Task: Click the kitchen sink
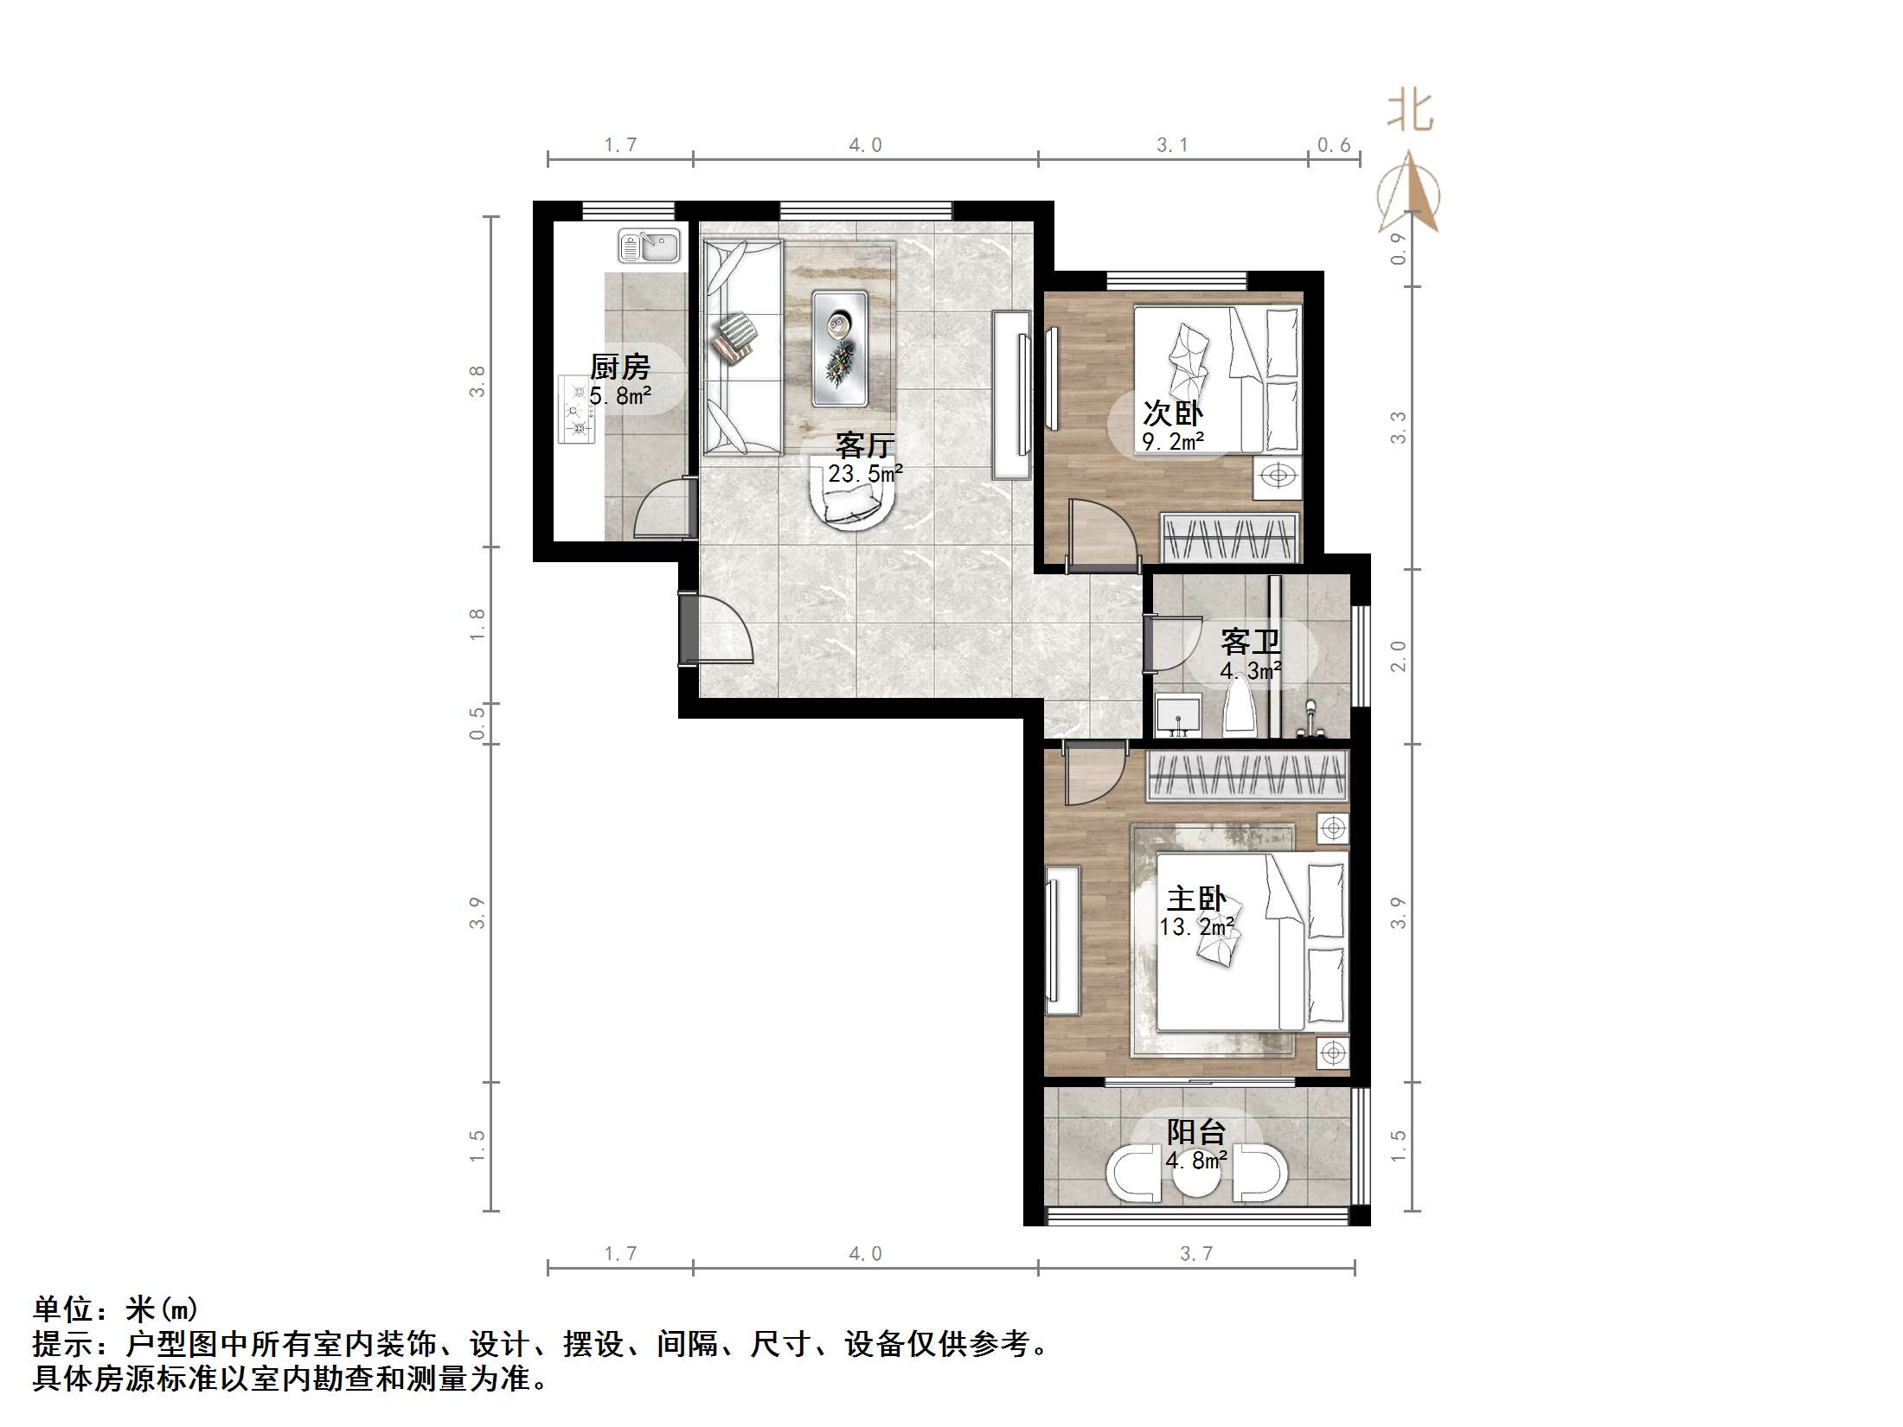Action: (x=649, y=246)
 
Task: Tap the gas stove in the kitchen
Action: (x=577, y=409)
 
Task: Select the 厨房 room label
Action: (x=619, y=367)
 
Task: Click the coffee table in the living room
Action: (x=839, y=348)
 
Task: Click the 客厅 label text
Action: (x=864, y=445)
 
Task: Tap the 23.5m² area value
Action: (x=865, y=473)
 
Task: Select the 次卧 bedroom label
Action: (x=1173, y=413)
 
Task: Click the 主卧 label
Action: (x=1196, y=899)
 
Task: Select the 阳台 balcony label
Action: (x=1196, y=1132)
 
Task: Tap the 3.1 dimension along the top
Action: (x=1172, y=145)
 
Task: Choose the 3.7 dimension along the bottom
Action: (x=1196, y=1254)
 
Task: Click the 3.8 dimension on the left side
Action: (x=477, y=381)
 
